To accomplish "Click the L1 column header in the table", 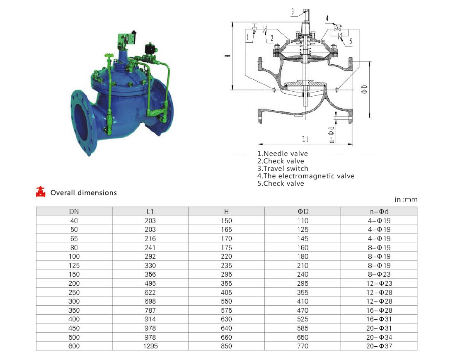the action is tap(150, 212).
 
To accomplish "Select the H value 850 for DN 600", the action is tap(226, 346).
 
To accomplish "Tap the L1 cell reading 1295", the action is tap(150, 346).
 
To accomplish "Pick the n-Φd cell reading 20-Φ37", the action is tap(379, 346).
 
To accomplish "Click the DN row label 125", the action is tap(74, 265).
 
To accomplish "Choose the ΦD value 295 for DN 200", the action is tap(303, 283).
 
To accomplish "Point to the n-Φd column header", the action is tap(379, 212).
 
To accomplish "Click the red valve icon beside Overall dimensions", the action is tap(41, 192).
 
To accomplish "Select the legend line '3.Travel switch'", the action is tap(283, 169).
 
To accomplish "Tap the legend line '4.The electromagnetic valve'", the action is tap(306, 176).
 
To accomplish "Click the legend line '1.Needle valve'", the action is tap(282, 153).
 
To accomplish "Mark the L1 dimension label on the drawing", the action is tap(305, 140).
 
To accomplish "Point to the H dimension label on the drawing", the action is tap(228, 55).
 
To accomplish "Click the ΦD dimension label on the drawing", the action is tap(365, 90).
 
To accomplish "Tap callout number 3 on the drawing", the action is tap(293, 12).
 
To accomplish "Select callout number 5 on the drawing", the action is tap(351, 41).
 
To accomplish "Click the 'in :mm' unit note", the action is tap(406, 199).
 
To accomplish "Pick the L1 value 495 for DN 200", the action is tap(150, 283).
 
